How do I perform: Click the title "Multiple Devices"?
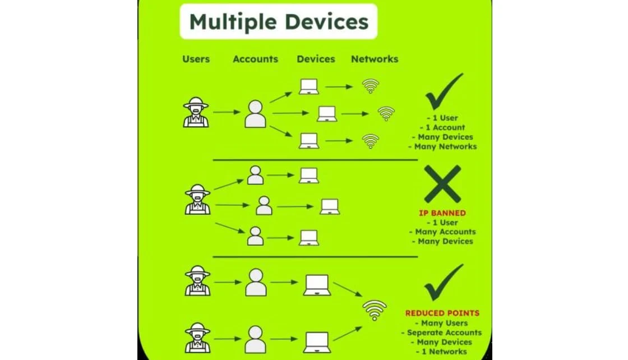point(279,22)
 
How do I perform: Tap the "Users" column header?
point(196,59)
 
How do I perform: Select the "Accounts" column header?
point(256,59)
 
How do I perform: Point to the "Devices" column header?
point(316,59)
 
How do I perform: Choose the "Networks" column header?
point(375,59)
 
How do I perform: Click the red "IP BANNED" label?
point(442,213)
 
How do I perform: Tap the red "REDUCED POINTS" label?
point(442,313)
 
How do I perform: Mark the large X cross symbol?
point(442,184)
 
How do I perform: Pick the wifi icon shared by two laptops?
point(375,310)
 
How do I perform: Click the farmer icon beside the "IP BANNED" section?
point(197,200)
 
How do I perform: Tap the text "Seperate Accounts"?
point(444,333)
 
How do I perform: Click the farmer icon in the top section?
point(196,112)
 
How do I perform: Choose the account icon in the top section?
point(255,114)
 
